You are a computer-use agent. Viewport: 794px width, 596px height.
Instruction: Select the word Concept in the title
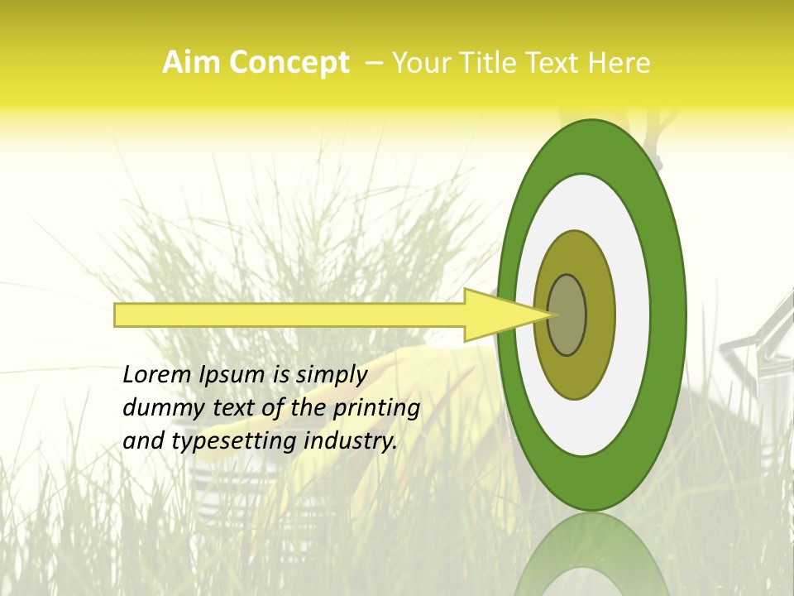289,63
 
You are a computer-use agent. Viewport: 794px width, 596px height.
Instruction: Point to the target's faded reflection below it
592,555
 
